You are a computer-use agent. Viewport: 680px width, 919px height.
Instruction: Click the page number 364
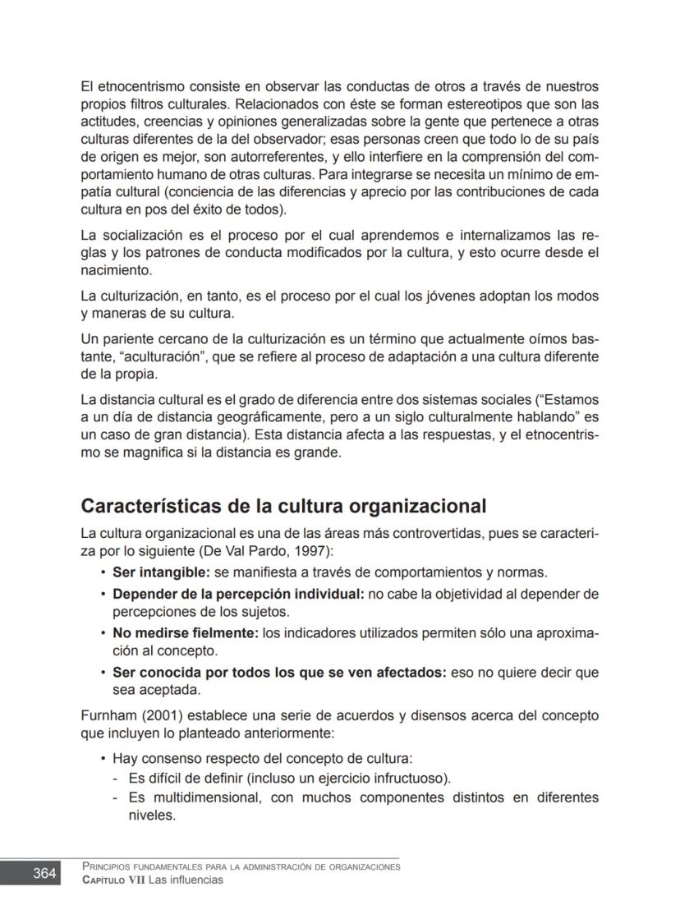pos(44,873)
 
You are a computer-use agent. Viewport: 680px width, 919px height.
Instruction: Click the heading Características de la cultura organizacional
pos(283,506)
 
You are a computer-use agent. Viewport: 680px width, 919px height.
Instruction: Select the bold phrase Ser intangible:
pos(161,572)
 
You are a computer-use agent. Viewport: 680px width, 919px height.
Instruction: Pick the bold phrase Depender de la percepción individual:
pos(238,594)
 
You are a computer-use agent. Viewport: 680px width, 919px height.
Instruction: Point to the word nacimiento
pos(116,270)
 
